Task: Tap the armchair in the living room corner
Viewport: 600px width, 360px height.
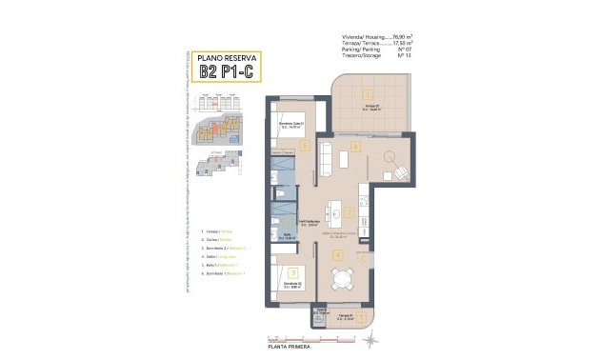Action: (x=401, y=172)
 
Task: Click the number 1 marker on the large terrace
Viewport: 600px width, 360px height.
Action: (x=367, y=93)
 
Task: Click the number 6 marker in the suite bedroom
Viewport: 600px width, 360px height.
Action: (x=304, y=146)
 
